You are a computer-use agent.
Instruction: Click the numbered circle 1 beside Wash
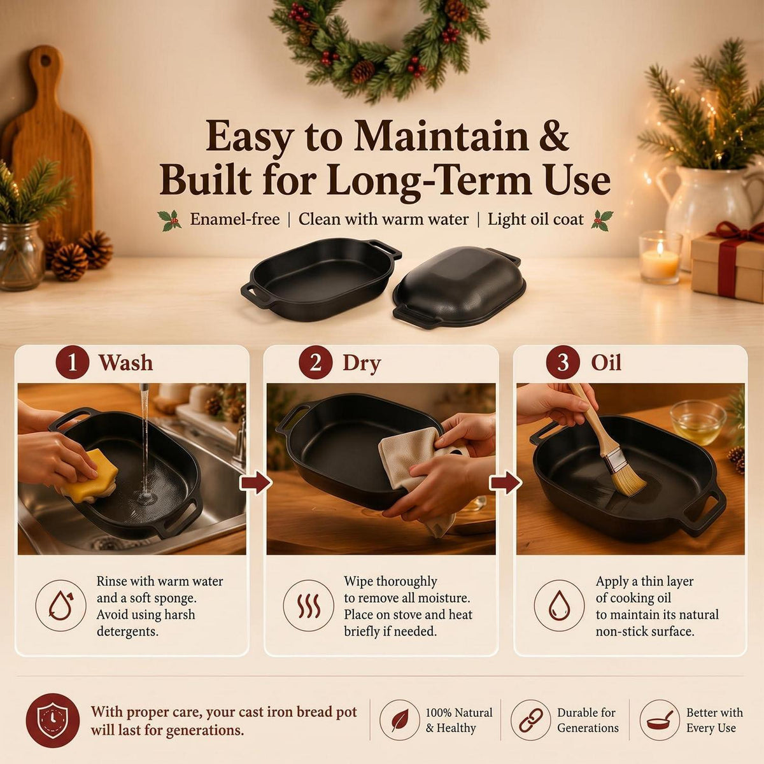pos(72,363)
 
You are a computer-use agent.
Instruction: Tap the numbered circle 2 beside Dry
pos(315,363)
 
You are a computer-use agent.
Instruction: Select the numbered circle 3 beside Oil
pos(563,363)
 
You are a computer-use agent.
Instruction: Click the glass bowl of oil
pos(698,423)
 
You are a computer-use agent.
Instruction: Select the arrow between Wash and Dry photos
pos(256,482)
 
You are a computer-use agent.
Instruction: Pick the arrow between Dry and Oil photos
pos(505,482)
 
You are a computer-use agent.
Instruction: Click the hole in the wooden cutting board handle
pos(46,60)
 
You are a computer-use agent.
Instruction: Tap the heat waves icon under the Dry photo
pos(308,605)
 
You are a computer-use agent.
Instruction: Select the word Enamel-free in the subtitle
pos(235,219)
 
